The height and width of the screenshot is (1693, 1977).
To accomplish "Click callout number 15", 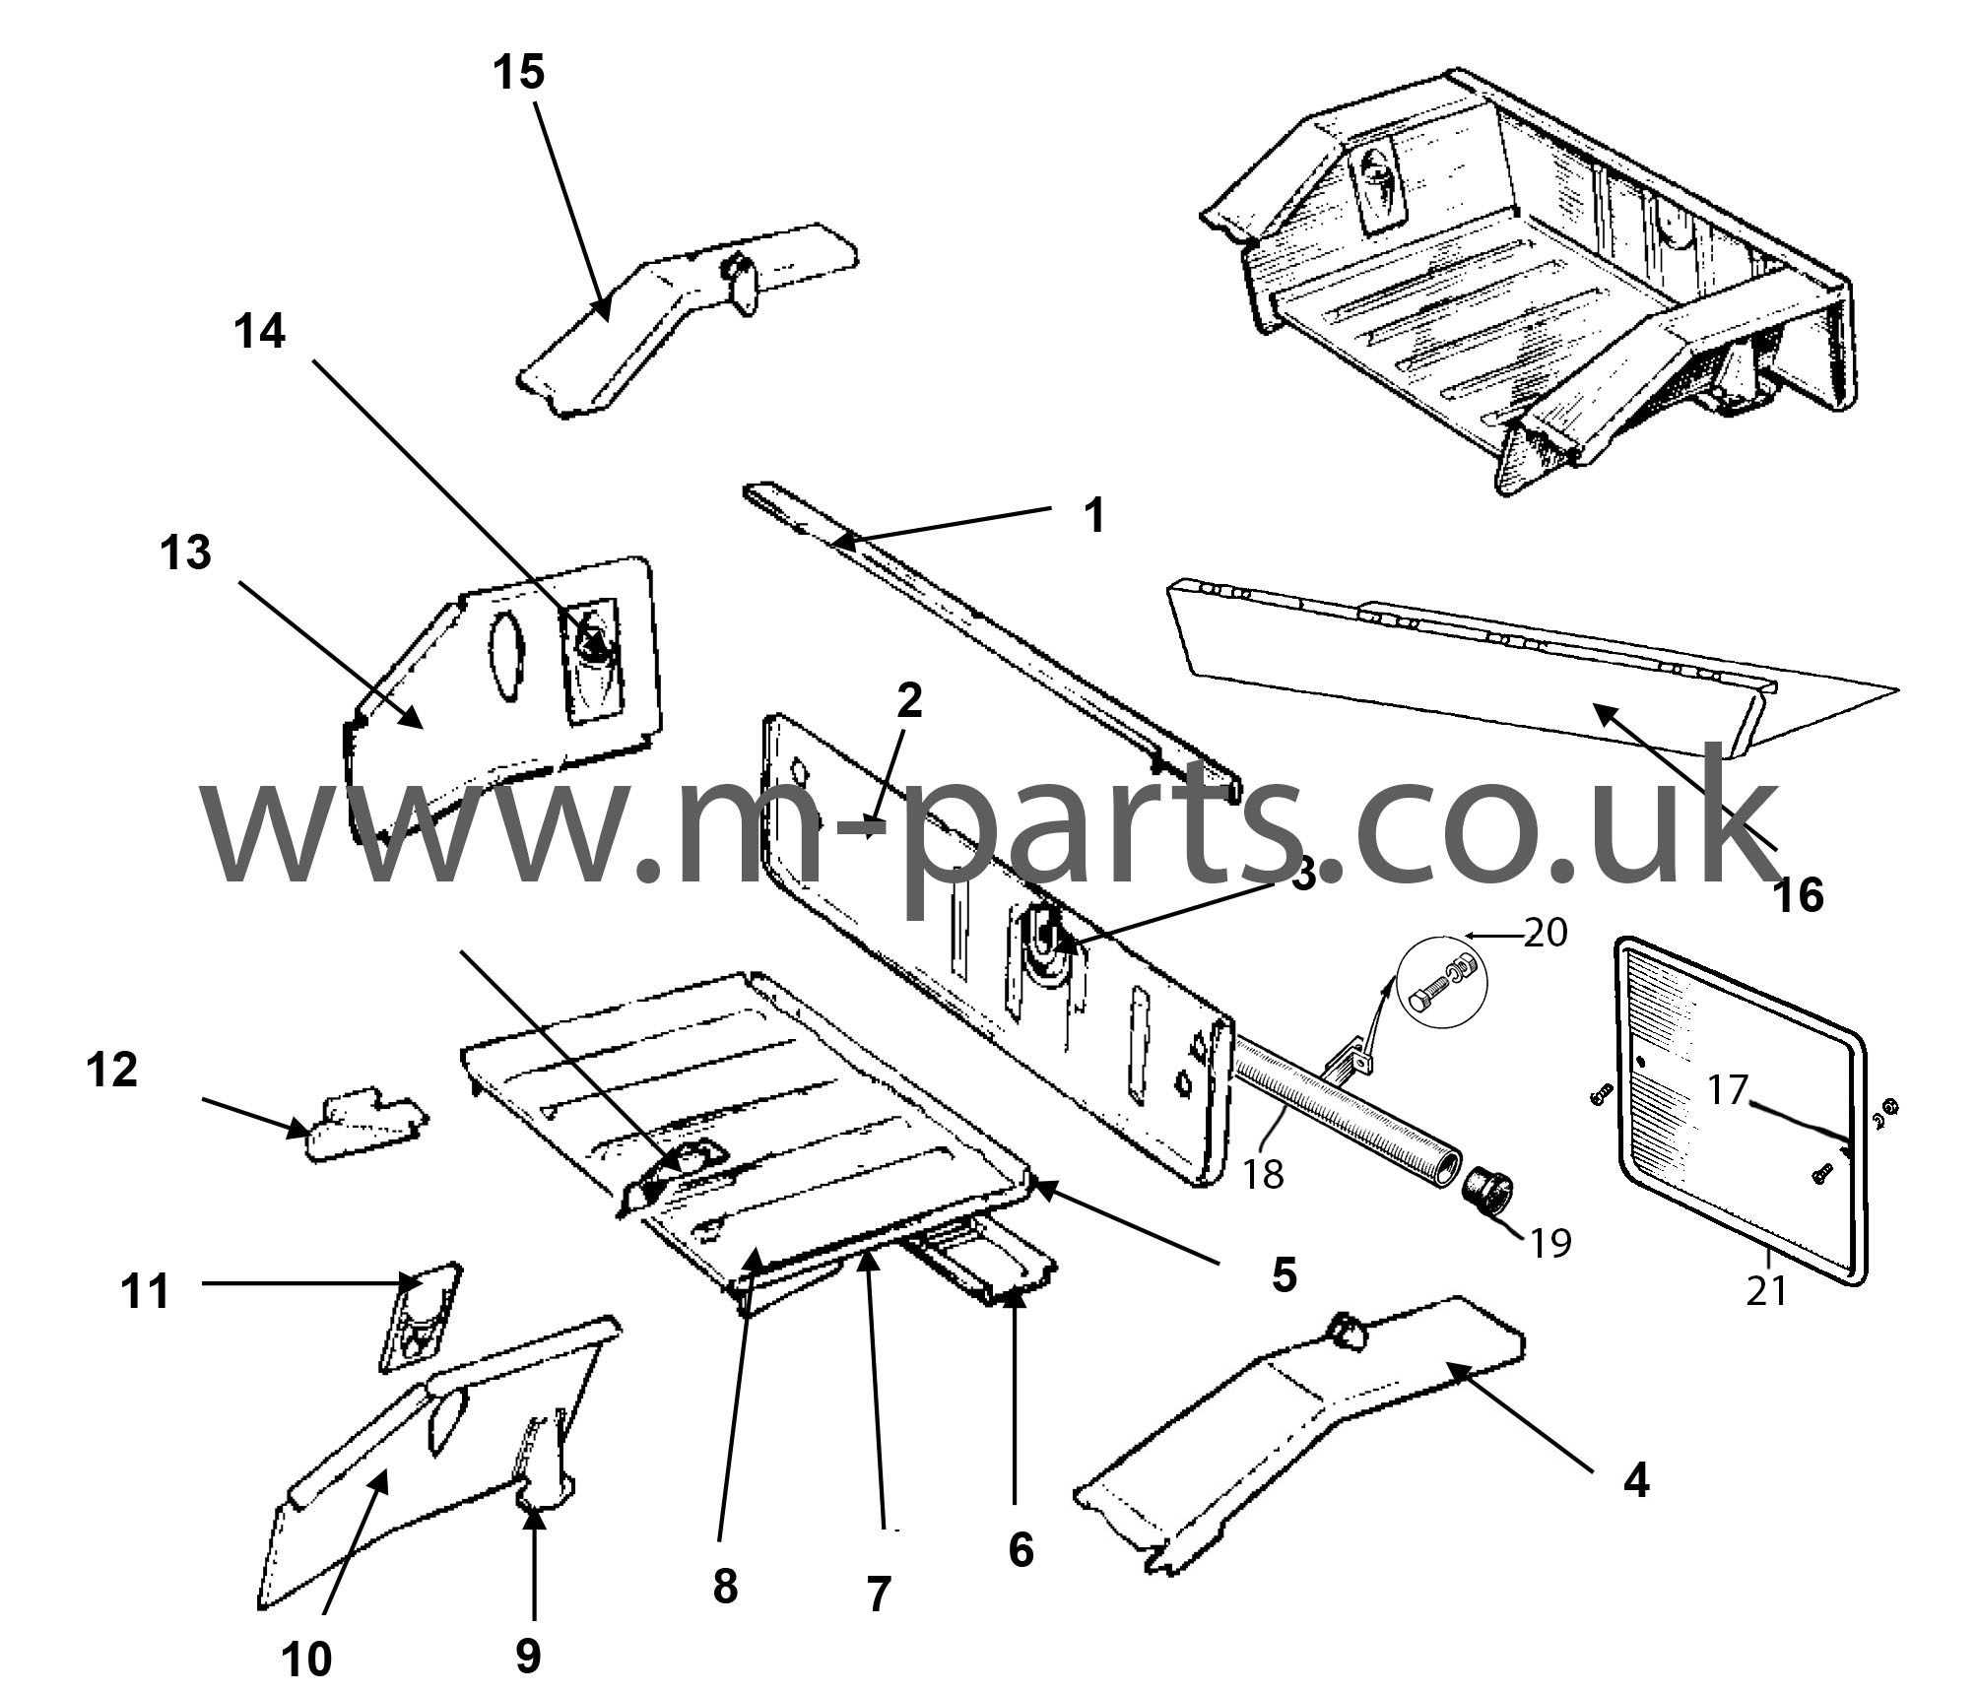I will pos(519,72).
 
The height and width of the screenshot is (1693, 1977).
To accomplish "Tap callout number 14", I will pos(259,331).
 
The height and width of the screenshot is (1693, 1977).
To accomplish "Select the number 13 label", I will pos(186,553).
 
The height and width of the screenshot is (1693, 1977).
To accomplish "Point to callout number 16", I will pos(1798,894).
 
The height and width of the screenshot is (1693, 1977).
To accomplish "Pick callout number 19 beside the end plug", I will pos(1550,1244).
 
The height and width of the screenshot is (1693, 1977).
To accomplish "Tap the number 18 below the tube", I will pos(1263,1174).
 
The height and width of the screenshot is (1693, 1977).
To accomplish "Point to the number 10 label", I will pos(306,1660).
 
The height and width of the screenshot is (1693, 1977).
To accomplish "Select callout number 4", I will pos(1635,1507).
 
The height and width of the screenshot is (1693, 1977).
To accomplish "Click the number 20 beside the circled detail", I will pos(1545,932).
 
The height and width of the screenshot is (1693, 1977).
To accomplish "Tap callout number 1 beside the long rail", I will pos(1093,515).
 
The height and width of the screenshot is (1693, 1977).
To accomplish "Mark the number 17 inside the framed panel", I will pos(1727,1090).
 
